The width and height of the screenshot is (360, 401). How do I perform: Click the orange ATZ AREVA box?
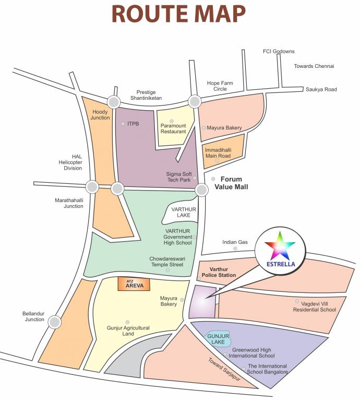(x=134, y=284)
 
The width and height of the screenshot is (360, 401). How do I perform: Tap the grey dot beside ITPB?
(x=123, y=124)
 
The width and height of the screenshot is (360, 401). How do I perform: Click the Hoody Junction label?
(x=101, y=115)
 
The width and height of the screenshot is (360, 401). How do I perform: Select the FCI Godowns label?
(x=279, y=52)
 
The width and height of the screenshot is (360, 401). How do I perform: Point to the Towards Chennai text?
(x=314, y=66)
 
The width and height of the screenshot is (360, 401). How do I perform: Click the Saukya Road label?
(x=322, y=89)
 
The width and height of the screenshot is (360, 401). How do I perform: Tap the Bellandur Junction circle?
(x=55, y=323)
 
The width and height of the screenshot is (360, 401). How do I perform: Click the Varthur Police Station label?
(x=219, y=272)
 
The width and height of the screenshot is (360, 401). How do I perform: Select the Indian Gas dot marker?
(x=235, y=249)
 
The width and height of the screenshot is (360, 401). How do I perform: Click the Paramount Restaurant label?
(x=173, y=128)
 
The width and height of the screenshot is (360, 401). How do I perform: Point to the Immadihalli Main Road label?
(x=218, y=152)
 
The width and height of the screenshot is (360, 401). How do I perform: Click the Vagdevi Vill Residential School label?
(x=314, y=306)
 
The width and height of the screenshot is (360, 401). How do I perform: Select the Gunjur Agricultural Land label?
(x=128, y=331)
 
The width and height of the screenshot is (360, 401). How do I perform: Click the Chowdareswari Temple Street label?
(x=166, y=262)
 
